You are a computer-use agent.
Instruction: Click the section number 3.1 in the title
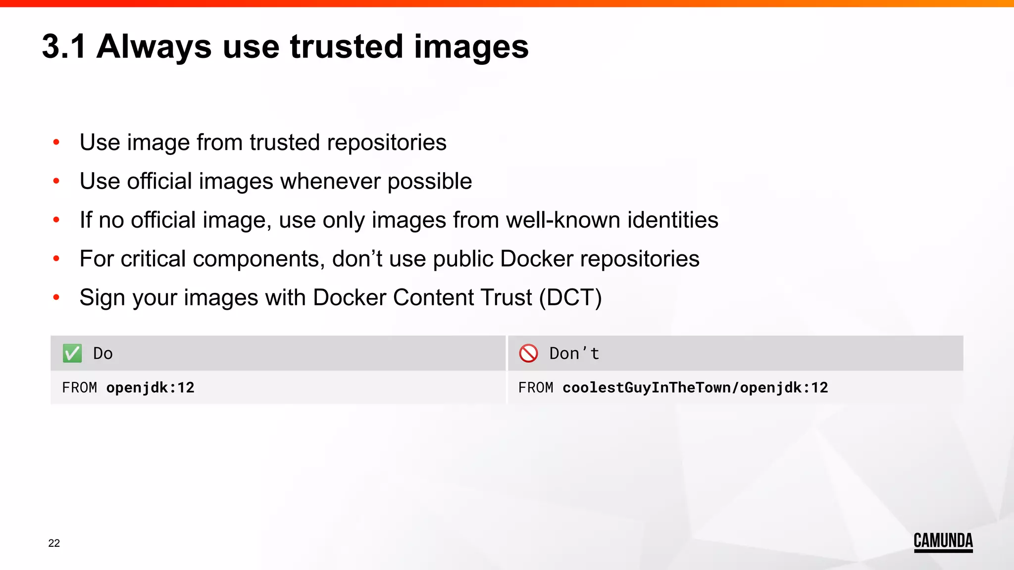(x=64, y=47)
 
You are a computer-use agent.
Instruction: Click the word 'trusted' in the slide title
(x=347, y=47)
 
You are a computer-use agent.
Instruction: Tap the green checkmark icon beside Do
(x=72, y=353)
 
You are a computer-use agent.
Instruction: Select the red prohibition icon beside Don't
(x=528, y=353)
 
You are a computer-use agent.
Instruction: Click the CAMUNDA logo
(x=943, y=541)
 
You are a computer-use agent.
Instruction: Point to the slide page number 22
(x=54, y=543)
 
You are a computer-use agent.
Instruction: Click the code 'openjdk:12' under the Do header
(x=150, y=387)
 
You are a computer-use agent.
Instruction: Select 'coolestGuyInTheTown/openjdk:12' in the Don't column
(x=695, y=387)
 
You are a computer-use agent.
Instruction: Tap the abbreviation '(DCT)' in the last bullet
(x=570, y=297)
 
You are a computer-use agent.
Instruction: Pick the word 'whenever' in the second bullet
(x=330, y=181)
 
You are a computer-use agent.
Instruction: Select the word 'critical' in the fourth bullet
(x=153, y=259)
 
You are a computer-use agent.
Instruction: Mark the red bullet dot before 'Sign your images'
(x=56, y=297)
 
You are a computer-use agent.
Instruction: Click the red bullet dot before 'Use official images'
(x=56, y=181)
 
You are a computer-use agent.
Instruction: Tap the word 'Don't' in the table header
(x=574, y=353)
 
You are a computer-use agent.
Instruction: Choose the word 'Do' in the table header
(x=103, y=353)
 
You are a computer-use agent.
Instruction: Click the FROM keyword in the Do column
(x=80, y=387)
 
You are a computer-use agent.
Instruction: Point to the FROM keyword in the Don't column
(x=536, y=387)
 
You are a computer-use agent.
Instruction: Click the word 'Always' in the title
(x=154, y=47)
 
